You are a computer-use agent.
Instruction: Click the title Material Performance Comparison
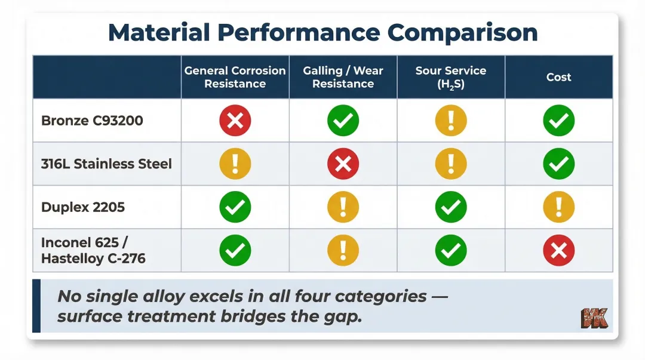322,32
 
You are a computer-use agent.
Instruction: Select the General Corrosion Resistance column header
235,77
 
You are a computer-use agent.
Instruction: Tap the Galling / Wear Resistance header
343,77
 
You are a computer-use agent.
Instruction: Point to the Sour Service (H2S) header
451,77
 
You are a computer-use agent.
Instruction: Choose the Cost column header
558,77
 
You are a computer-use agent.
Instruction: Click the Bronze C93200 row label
92,121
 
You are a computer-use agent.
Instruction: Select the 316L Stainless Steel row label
106,164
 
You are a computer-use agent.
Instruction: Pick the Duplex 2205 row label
83,207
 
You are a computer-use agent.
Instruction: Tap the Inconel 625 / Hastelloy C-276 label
93,251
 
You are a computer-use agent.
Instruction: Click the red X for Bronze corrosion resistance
235,121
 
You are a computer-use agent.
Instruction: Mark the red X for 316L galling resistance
343,164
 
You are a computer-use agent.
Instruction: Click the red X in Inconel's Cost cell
558,251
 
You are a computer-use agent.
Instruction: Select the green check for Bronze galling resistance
343,121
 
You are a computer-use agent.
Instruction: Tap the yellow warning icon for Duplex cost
558,207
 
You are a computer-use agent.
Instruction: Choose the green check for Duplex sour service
451,207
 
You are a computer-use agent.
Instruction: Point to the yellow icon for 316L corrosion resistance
235,164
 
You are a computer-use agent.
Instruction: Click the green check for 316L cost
558,164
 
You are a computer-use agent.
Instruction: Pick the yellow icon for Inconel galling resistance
343,251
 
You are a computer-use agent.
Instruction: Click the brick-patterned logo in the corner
594,318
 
